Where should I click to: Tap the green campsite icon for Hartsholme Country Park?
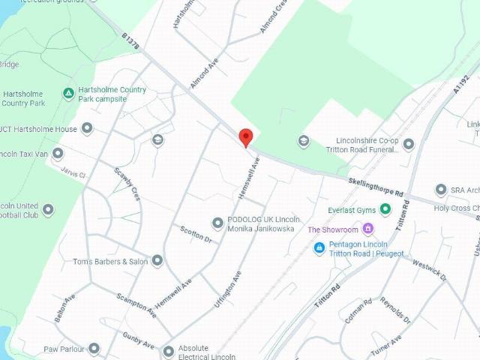(68, 94)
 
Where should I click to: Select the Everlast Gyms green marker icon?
(385, 209)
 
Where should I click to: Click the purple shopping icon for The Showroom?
(367, 229)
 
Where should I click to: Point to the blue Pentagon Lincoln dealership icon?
(319, 247)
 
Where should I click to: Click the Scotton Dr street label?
(196, 234)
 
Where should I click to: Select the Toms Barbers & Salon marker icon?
(157, 261)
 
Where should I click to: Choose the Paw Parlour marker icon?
(94, 349)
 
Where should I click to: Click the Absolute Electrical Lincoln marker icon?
(169, 350)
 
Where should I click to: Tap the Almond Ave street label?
(202, 75)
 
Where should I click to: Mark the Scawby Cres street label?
(127, 183)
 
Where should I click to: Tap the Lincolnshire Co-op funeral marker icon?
(409, 144)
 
